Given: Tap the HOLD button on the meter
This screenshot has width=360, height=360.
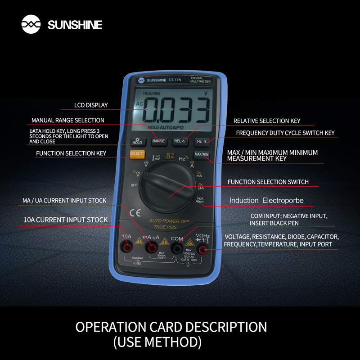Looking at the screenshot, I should click(x=137, y=141).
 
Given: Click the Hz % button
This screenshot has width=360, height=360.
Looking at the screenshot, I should click(x=202, y=141).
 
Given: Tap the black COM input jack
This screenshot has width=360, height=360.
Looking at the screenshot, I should click(x=177, y=248).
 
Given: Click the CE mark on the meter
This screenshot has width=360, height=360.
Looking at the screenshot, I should click(x=135, y=213).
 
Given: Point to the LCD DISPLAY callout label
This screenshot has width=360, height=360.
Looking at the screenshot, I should click(x=91, y=105).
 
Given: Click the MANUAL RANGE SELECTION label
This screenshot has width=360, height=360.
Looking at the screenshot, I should click(x=67, y=121).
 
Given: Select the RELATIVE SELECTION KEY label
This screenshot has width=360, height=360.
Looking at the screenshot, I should click(x=266, y=121).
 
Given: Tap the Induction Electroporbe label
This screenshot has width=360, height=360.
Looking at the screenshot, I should click(x=266, y=200).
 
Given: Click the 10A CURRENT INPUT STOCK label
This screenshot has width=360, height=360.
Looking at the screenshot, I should click(x=65, y=220).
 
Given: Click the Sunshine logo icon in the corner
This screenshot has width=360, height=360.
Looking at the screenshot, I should click(x=31, y=24).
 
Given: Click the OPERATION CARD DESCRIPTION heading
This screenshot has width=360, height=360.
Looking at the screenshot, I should click(x=171, y=327).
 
